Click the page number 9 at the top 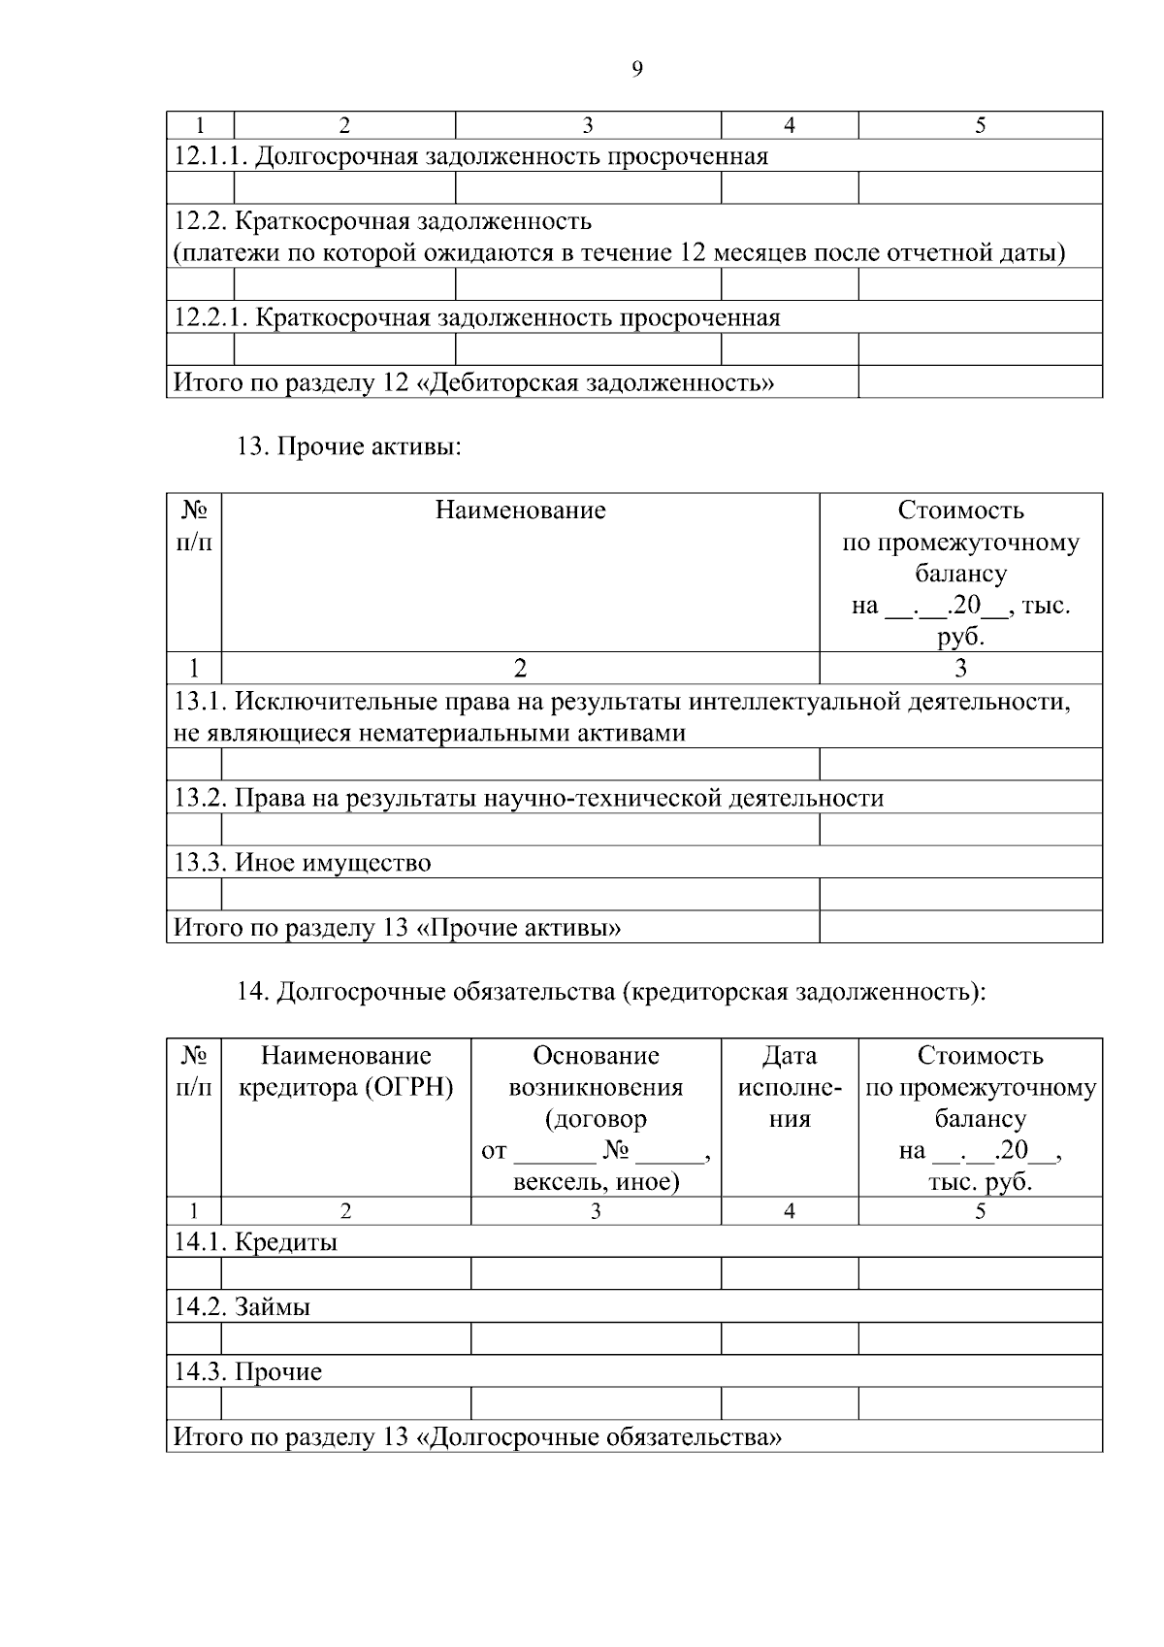point(637,69)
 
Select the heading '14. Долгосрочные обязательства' point(611,992)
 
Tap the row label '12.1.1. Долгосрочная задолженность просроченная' point(470,156)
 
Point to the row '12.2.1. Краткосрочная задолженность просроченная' point(476,317)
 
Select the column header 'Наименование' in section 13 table point(520,511)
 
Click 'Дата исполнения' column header point(790,1087)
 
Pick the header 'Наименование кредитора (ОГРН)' point(346,1071)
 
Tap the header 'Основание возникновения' point(596,1071)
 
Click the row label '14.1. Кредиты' point(256,1241)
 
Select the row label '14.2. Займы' point(242,1306)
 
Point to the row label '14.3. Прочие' point(248,1371)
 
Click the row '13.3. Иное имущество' point(303,862)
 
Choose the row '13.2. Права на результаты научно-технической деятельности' point(529,798)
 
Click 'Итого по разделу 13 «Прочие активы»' point(397,927)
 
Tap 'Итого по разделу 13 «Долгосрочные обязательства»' point(477,1436)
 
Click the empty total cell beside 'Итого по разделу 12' point(980,382)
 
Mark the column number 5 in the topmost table point(980,125)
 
